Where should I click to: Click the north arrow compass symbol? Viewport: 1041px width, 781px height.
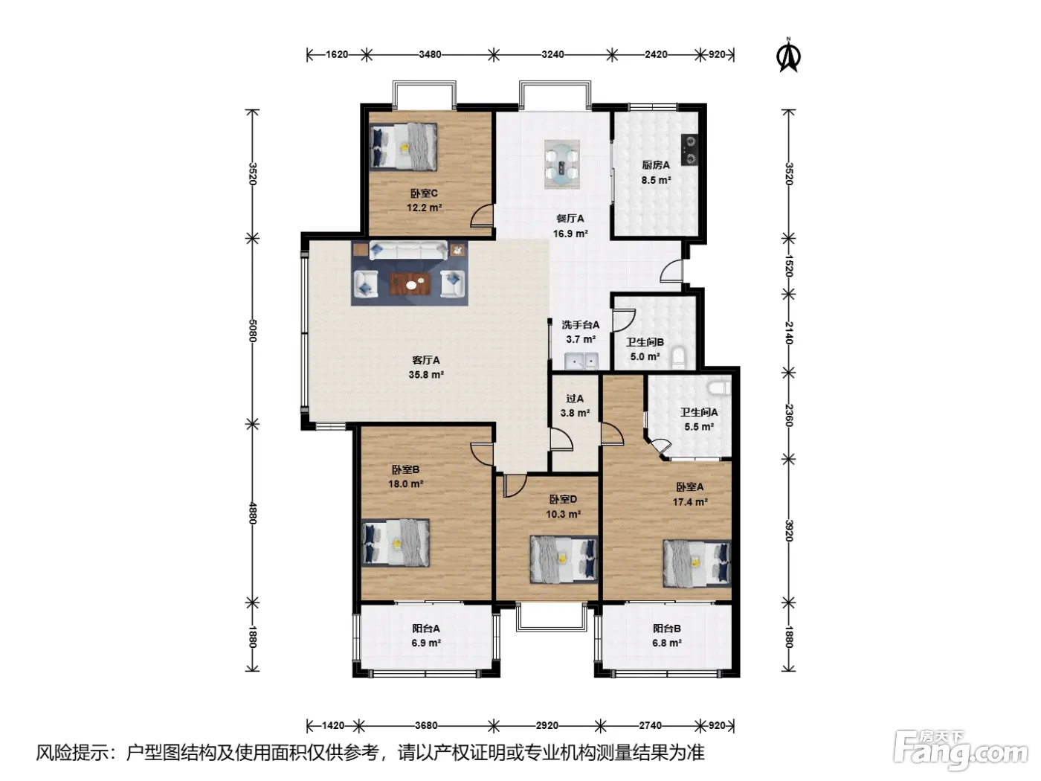788,56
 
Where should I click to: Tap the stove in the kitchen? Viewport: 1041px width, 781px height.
689,150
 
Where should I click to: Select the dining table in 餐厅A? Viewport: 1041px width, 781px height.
562,164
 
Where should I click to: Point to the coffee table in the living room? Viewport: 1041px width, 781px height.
410,283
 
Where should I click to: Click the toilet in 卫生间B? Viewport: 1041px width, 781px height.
679,358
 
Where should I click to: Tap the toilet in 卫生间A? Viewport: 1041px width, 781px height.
720,388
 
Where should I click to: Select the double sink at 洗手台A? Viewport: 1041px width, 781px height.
581,361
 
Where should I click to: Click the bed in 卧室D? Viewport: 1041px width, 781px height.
564,559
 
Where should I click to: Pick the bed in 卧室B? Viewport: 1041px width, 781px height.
396,542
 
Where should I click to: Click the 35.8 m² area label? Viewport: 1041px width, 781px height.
426,375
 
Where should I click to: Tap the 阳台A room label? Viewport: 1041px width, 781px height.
426,629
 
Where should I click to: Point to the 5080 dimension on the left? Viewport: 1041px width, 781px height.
252,330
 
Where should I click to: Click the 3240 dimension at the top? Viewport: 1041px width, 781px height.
553,54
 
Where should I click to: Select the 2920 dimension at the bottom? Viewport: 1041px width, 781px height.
547,725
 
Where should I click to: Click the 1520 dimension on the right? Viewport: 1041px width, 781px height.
789,266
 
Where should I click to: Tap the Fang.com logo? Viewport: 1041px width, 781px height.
961,756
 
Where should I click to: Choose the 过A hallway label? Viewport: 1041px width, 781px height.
575,399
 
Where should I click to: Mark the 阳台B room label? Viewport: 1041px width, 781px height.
667,629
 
